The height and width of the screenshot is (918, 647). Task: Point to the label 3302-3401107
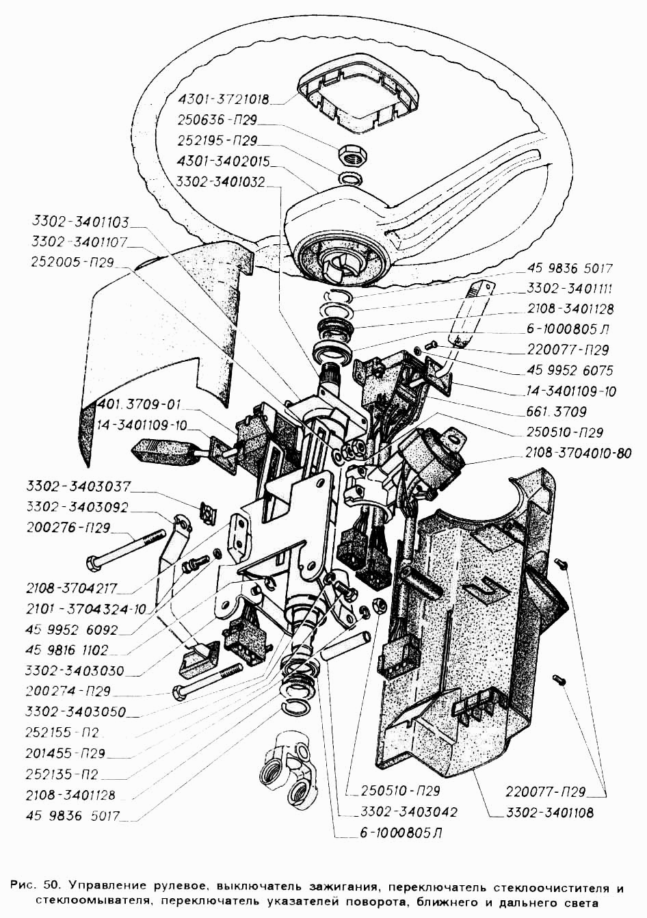(79, 241)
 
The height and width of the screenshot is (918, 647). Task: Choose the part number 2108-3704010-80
(578, 453)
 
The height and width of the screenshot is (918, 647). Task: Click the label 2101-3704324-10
(85, 609)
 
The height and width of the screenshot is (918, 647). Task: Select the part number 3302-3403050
(75, 711)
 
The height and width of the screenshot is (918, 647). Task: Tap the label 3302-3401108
(549, 813)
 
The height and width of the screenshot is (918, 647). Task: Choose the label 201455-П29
(66, 754)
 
